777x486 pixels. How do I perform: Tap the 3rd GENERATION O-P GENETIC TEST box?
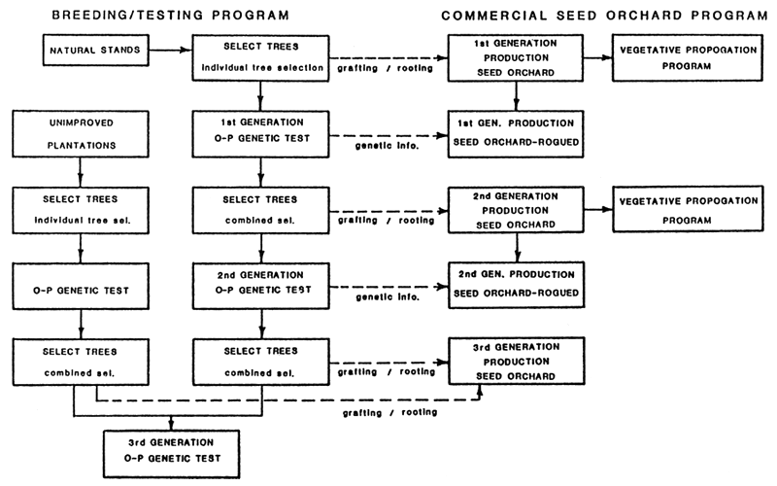pos(171,448)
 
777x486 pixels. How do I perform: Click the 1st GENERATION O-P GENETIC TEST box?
pos(260,134)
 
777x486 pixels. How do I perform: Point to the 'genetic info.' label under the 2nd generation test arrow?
pos(387,296)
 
